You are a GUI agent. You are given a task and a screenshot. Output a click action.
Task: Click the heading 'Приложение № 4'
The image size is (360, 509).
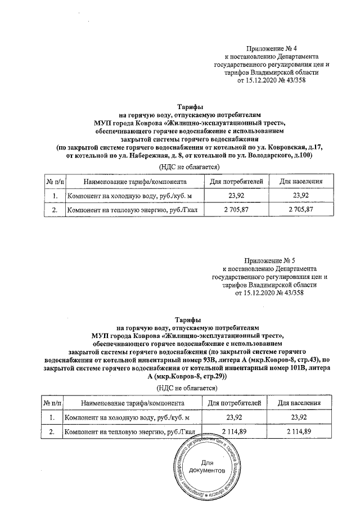pyautogui.click(x=272, y=49)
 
